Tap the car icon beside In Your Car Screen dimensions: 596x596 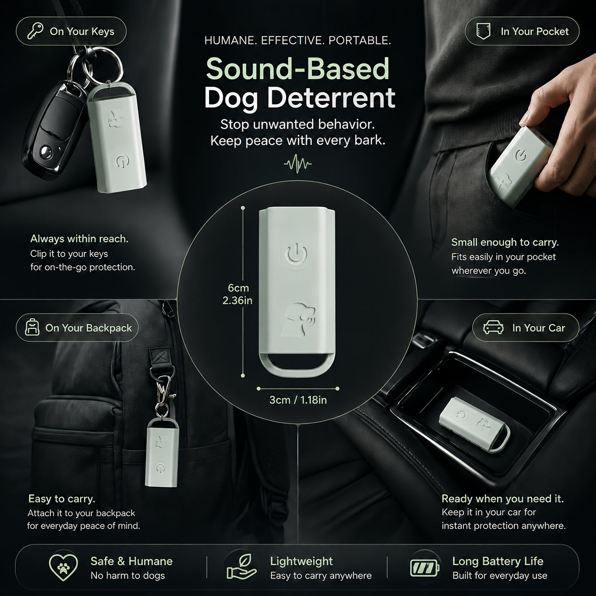(x=493, y=327)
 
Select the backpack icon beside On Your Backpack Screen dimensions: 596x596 (x=32, y=327)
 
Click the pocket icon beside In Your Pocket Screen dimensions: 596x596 (x=483, y=31)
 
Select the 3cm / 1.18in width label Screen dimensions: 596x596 (x=298, y=400)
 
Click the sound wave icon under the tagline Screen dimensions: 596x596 (x=298, y=163)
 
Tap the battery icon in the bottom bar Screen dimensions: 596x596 (x=425, y=568)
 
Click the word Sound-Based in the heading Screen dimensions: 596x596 (x=298, y=69)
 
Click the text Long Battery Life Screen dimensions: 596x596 (x=498, y=561)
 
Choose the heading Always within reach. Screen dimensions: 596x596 (x=79, y=239)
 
